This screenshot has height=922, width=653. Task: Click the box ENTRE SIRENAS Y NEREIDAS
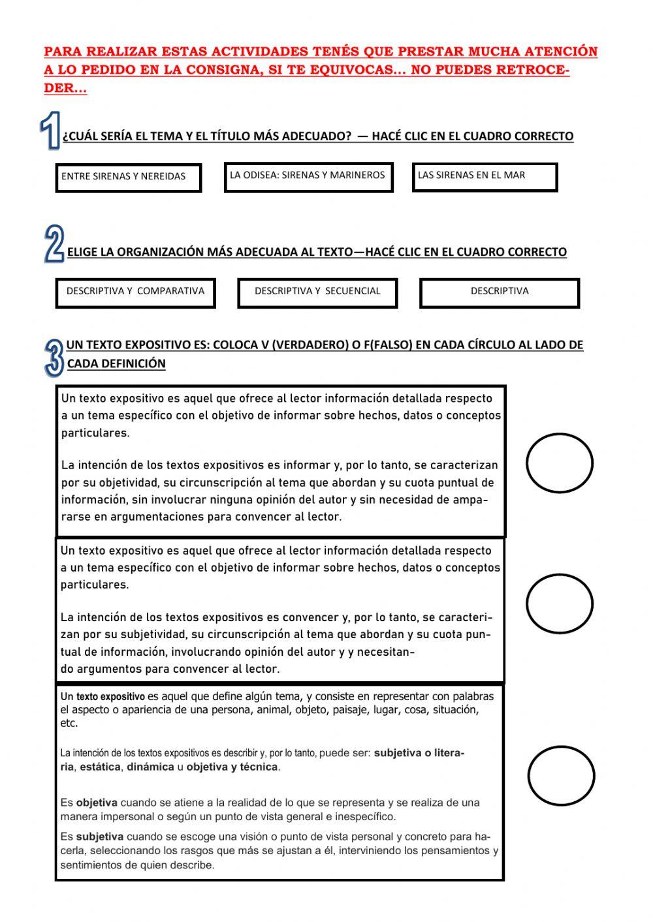[x=128, y=177]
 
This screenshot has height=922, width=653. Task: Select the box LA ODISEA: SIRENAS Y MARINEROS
[x=308, y=177]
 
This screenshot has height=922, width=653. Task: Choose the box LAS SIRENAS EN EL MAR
[x=485, y=177]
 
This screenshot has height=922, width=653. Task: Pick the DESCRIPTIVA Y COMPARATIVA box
[x=135, y=292]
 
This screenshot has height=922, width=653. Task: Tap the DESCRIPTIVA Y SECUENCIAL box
[x=317, y=292]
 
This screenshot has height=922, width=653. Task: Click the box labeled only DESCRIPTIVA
[x=500, y=292]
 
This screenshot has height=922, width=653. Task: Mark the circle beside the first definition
[x=559, y=463]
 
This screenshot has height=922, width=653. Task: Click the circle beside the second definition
[x=559, y=604]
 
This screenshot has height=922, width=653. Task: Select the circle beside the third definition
[x=561, y=776]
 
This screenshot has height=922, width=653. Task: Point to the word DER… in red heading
[x=65, y=89]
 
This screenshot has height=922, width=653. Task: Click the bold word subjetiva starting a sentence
[x=99, y=837]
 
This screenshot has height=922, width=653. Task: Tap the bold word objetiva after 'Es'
[x=97, y=803]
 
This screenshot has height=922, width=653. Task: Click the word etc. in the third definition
[x=69, y=724]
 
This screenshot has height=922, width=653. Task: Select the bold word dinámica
[x=150, y=767]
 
